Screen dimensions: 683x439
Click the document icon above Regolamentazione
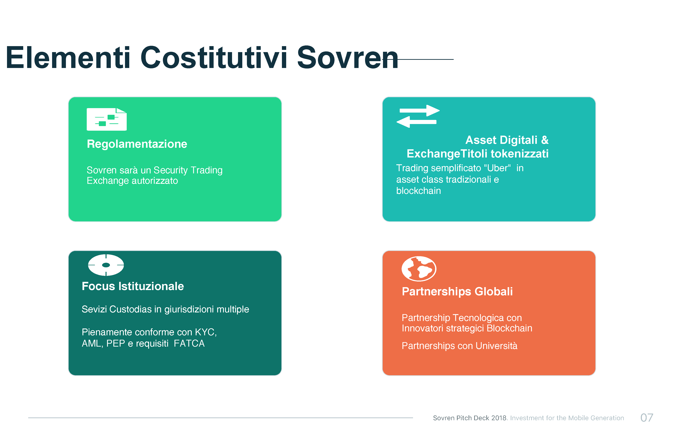pyautogui.click(x=107, y=119)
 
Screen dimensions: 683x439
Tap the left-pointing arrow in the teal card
pyautogui.click(x=416, y=122)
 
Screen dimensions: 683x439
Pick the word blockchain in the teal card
pyautogui.click(x=419, y=191)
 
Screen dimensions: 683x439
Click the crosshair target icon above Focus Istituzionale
pyautogui.click(x=106, y=265)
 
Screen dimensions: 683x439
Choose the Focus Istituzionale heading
pyautogui.click(x=133, y=286)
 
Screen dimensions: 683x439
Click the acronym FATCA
pyautogui.click(x=189, y=344)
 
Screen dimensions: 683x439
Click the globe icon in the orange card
pyautogui.click(x=419, y=269)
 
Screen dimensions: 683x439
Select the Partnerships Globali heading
pyautogui.click(x=457, y=292)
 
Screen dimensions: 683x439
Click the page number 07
pyautogui.click(x=647, y=418)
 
